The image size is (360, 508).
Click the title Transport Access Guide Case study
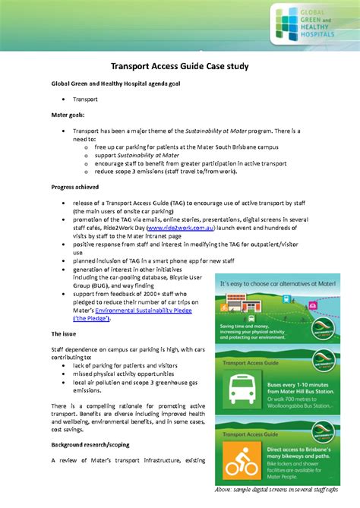tap(179, 67)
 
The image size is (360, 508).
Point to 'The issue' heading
tap(67, 334)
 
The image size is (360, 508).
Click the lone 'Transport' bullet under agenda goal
tap(84, 99)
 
